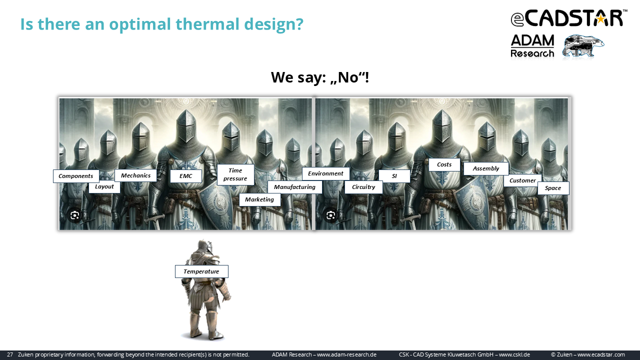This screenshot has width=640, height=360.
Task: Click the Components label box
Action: click(76, 176)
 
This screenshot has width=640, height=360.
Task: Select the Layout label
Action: click(104, 187)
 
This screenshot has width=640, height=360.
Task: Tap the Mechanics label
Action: click(135, 175)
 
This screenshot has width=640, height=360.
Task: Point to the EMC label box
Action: click(185, 176)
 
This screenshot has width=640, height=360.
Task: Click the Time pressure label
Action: click(235, 174)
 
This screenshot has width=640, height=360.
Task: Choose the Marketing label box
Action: click(259, 199)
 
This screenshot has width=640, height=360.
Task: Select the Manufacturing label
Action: click(294, 187)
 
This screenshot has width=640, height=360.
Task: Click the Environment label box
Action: click(325, 173)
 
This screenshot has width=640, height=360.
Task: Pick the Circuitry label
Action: click(363, 187)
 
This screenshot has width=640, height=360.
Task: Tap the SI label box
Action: click(394, 176)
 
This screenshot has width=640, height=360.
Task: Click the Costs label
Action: click(444, 164)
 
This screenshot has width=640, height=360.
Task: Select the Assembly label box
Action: click(486, 168)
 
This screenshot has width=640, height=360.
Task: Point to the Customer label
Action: click(522, 180)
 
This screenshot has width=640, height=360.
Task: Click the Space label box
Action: click(553, 188)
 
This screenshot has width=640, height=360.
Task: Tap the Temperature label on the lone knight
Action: click(201, 271)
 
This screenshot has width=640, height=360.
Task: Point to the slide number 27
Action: click(10, 354)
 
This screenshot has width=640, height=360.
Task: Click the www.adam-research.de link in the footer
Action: click(346, 354)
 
